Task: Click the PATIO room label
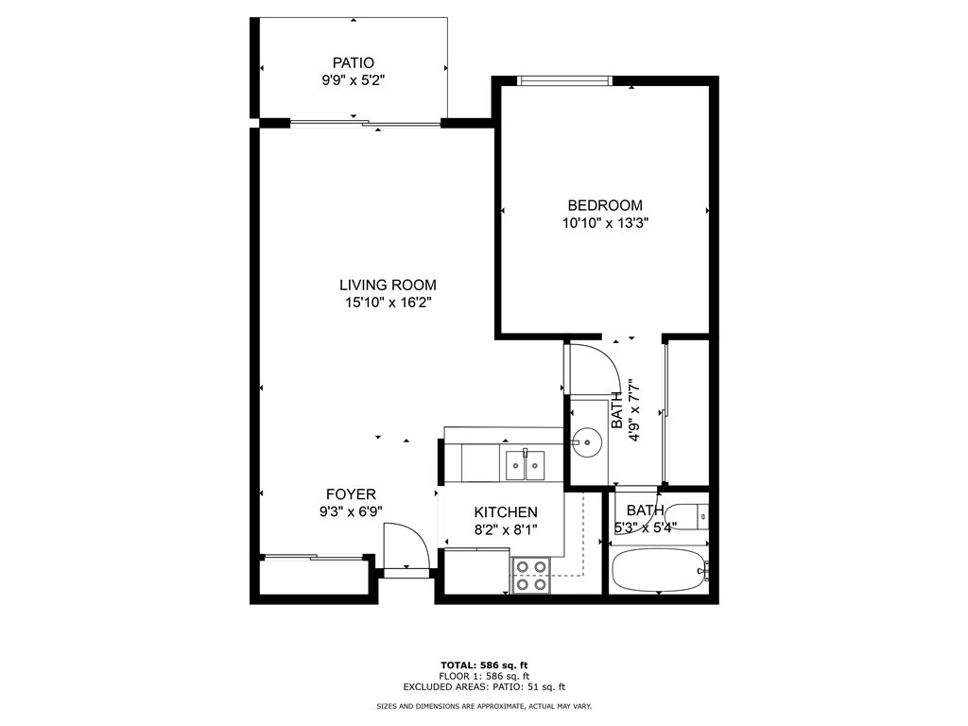pyautogui.click(x=354, y=62)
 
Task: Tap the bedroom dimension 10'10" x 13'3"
pyautogui.click(x=605, y=223)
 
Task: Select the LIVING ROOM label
pyautogui.click(x=388, y=285)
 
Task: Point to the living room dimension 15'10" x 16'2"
pyautogui.click(x=388, y=302)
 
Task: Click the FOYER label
pyautogui.click(x=351, y=494)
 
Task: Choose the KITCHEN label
pyautogui.click(x=506, y=511)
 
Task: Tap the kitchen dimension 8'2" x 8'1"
pyautogui.click(x=506, y=529)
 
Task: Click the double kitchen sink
pyautogui.click(x=526, y=465)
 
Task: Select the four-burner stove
pyautogui.click(x=531, y=575)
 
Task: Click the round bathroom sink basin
pyautogui.click(x=585, y=442)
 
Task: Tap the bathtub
pyautogui.click(x=658, y=569)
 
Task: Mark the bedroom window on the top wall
pyautogui.click(x=565, y=80)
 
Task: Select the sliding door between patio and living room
pyautogui.click(x=366, y=124)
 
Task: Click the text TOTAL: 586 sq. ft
pyautogui.click(x=484, y=665)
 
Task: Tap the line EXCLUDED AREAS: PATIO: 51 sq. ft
pyautogui.click(x=484, y=686)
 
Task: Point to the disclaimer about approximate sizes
pyautogui.click(x=484, y=705)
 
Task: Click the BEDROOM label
pyautogui.click(x=605, y=205)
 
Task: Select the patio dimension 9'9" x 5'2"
pyautogui.click(x=354, y=79)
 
